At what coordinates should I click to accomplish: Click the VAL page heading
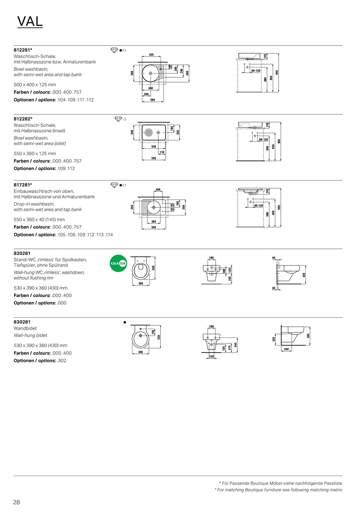coord(30,22)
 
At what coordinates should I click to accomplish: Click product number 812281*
coord(23,50)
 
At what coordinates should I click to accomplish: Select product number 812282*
coord(23,119)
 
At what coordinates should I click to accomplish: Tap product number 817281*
coord(23,185)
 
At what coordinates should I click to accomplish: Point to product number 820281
coord(22,253)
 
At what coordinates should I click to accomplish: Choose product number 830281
coord(22,322)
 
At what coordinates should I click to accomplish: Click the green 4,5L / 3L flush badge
coord(118,263)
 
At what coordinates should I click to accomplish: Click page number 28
coord(16,502)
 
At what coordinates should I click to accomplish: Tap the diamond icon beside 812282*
coord(118,119)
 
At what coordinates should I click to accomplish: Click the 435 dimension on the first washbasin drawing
coord(151,55)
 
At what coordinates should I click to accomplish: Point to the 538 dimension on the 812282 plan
coord(154,147)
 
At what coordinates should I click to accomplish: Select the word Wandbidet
coord(25,328)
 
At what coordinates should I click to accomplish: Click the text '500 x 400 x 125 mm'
coord(35,85)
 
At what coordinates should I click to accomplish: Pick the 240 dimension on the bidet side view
coord(286,349)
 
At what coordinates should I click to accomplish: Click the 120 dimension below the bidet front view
coord(211,357)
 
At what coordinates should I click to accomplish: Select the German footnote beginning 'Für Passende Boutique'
coord(282,483)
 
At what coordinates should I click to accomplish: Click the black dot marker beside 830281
coord(125,322)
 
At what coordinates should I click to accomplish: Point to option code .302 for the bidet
coord(62,361)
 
